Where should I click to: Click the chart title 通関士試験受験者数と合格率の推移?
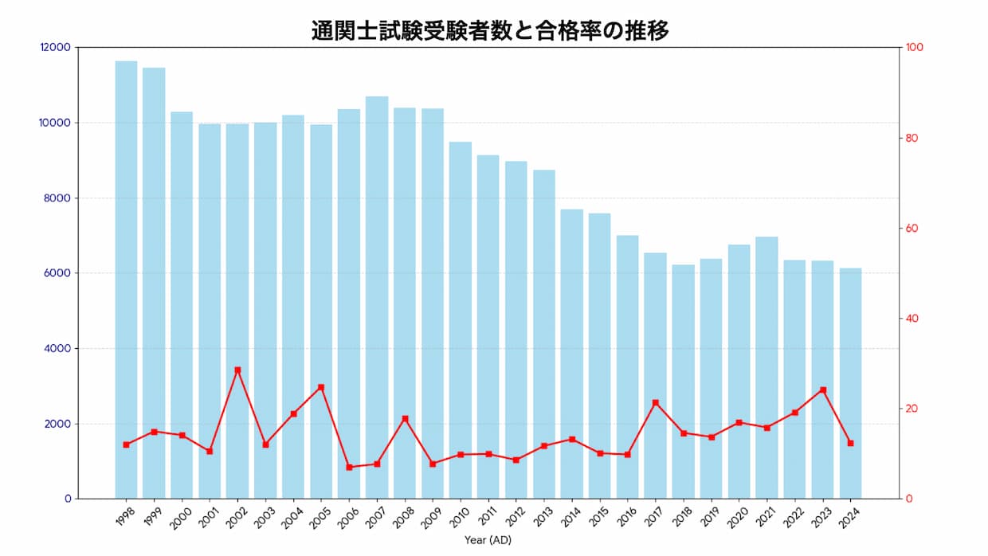click(x=489, y=30)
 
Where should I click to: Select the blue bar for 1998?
click(x=126, y=279)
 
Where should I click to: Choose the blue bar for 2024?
click(x=850, y=383)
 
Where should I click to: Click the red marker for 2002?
click(x=237, y=370)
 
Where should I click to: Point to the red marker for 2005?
click(x=321, y=387)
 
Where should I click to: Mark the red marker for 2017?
click(x=655, y=402)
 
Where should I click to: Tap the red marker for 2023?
click(x=822, y=390)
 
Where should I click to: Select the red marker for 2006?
click(x=349, y=467)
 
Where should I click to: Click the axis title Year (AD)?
click(x=488, y=540)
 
